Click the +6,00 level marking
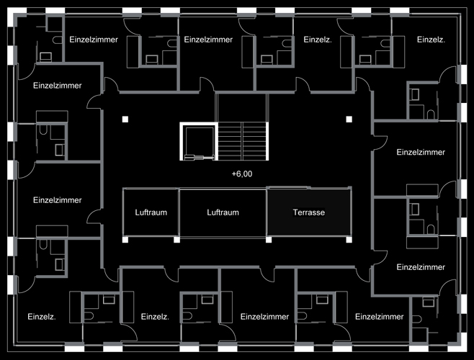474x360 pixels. [x=242, y=174]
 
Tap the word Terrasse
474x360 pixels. [x=309, y=212]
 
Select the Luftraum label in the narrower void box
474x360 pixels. [x=151, y=212]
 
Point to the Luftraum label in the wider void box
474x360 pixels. [x=223, y=212]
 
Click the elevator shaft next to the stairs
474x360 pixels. [x=197, y=140]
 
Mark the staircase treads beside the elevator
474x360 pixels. [x=243, y=140]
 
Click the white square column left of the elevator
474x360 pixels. [x=125, y=119]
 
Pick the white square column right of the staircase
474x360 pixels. [x=349, y=119]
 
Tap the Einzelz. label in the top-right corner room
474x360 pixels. [x=431, y=40]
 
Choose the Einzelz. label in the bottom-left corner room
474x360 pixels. [x=42, y=316]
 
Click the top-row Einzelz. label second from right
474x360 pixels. [x=317, y=40]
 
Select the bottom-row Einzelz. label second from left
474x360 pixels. [x=155, y=316]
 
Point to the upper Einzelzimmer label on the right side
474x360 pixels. [x=421, y=152]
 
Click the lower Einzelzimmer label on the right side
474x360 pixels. [x=421, y=266]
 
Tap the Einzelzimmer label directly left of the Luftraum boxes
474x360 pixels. [x=58, y=199]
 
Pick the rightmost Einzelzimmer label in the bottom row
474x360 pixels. [x=379, y=316]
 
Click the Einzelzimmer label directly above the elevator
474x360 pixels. [x=207, y=40]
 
